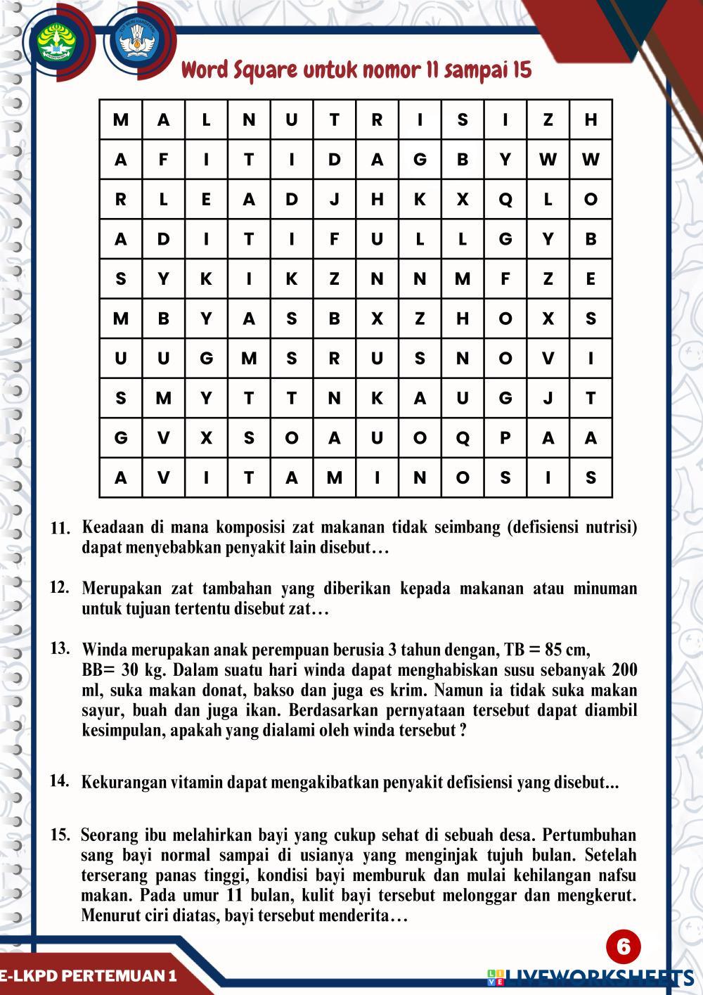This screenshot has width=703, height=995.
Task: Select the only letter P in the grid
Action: pos(505,438)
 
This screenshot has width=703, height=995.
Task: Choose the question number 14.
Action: pos(60,780)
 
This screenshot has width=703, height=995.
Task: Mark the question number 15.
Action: pos(60,835)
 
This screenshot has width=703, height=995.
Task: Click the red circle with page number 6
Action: pos(623,947)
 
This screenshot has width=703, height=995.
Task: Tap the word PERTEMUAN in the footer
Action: pos(115,975)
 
